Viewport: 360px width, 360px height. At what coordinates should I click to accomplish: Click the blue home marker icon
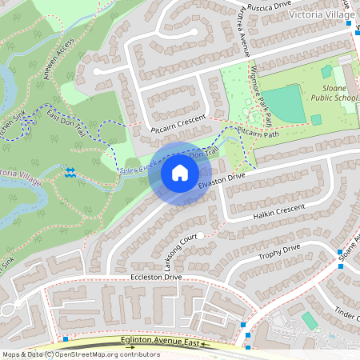(x=180, y=172)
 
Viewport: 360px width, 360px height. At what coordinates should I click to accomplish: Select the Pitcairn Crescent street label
(x=178, y=123)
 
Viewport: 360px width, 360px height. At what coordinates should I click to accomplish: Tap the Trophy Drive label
(x=279, y=254)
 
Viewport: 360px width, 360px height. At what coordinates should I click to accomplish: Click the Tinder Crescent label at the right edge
(x=346, y=314)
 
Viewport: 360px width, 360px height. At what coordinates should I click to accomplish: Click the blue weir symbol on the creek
(x=70, y=171)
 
